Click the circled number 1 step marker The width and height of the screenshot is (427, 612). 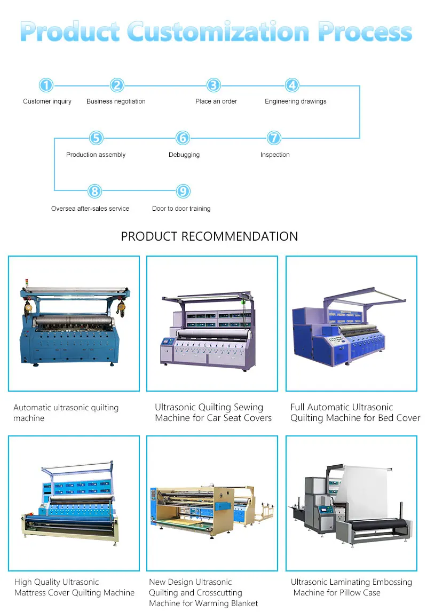pyautogui.click(x=46, y=85)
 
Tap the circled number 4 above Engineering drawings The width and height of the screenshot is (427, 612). pyautogui.click(x=291, y=85)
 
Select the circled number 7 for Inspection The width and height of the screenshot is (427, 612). pyautogui.click(x=274, y=138)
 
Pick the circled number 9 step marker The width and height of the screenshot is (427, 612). pyautogui.click(x=183, y=192)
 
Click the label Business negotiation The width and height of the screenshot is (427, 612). pyautogui.click(x=116, y=101)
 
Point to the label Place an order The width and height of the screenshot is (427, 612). pyautogui.click(x=216, y=101)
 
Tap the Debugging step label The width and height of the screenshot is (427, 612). pyautogui.click(x=184, y=155)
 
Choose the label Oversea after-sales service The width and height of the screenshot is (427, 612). pyautogui.click(x=90, y=209)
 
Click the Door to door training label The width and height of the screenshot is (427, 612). pyautogui.click(x=181, y=209)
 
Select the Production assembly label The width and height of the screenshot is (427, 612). pyautogui.click(x=96, y=155)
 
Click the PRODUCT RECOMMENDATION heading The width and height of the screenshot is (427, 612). pyautogui.click(x=209, y=236)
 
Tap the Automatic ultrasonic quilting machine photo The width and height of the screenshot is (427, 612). pyautogui.click(x=74, y=324)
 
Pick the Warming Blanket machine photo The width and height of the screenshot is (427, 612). pyautogui.click(x=212, y=503)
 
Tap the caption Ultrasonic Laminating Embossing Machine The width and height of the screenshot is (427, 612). pyautogui.click(x=351, y=587)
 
